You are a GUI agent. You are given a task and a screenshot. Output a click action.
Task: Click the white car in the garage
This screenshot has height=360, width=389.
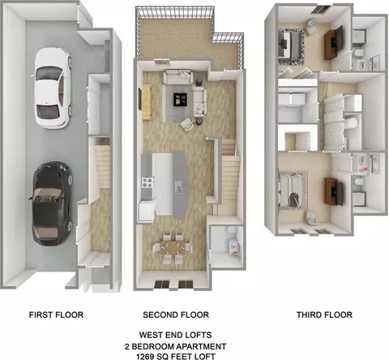click(53, 88)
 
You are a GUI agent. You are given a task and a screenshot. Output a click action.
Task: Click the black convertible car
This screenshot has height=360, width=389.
click(51, 204)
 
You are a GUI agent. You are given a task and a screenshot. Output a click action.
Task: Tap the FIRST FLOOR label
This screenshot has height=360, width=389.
click(56, 315)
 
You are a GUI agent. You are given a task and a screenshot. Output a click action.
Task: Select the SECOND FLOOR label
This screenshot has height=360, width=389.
click(176, 315)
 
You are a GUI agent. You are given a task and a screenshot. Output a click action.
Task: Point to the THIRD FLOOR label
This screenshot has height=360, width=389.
click(324, 315)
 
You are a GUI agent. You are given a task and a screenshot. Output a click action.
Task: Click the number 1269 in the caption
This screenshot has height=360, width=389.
click(147, 357)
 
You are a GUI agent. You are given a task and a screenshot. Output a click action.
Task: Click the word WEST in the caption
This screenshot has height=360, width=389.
click(150, 335)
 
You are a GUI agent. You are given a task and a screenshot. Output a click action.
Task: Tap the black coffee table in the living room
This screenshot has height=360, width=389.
click(180, 99)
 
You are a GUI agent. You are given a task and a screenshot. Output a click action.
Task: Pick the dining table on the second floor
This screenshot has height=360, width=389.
click(173, 247)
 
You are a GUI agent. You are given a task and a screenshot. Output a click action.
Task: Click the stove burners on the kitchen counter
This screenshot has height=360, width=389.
click(148, 182)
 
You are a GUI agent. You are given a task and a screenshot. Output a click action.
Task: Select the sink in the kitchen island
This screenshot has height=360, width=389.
click(178, 186)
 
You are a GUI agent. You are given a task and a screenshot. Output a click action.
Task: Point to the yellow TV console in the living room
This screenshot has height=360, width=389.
click(147, 101)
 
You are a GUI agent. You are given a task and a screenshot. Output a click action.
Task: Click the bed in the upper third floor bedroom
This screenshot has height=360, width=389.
click(291, 45)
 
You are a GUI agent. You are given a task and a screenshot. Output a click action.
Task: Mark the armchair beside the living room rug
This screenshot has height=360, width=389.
click(188, 124)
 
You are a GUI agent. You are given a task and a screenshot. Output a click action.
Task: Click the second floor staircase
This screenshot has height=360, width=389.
click(229, 176)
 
